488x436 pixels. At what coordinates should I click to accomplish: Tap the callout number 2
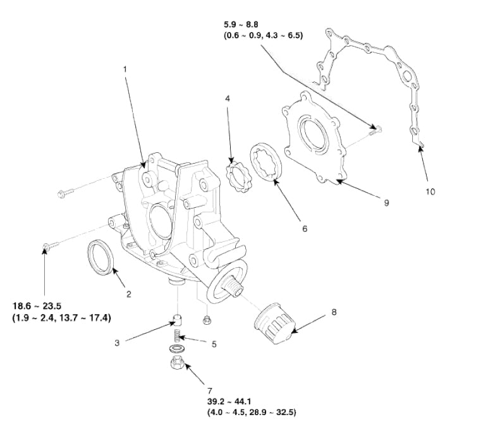pos(128,294)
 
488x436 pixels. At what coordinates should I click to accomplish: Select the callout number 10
pos(430,190)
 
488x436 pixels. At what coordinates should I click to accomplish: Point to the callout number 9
pos(386,203)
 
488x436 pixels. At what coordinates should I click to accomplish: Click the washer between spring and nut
pos(176,348)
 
